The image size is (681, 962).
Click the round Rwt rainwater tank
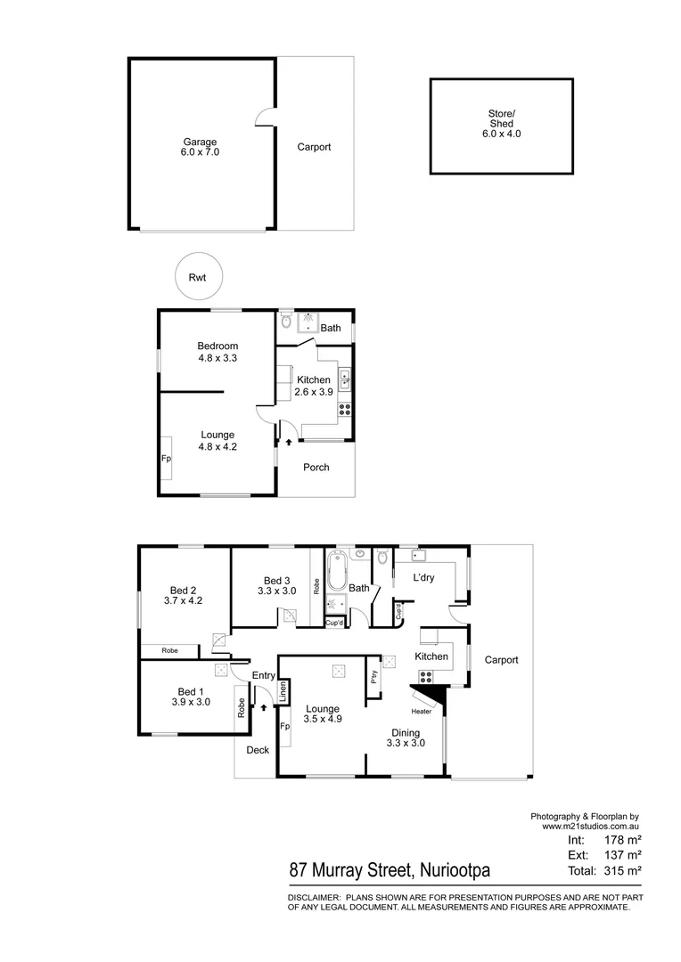pyautogui.click(x=197, y=277)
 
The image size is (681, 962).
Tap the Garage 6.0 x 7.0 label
pyautogui.click(x=201, y=147)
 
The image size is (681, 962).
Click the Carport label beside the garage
pyautogui.click(x=314, y=147)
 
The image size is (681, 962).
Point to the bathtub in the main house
pyautogui.click(x=336, y=571)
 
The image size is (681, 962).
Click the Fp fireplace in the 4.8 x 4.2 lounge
pyautogui.click(x=166, y=459)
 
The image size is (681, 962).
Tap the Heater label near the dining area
pyautogui.click(x=421, y=712)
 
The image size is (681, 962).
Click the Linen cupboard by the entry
pyautogui.click(x=283, y=692)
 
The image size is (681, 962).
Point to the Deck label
pyautogui.click(x=258, y=750)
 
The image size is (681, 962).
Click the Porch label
pyautogui.click(x=316, y=467)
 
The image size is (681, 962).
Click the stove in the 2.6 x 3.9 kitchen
pyautogui.click(x=344, y=411)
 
